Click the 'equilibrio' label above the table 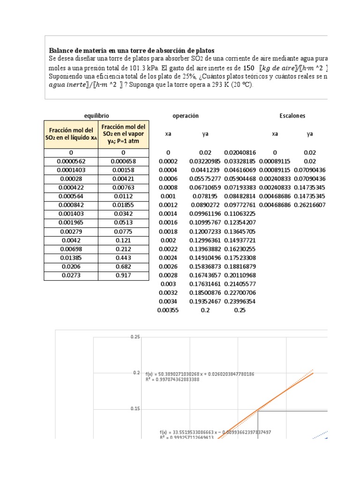point(97,115)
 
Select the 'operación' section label point(186,115)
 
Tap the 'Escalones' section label point(292,115)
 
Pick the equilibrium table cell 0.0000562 point(71,161)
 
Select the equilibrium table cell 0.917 point(123,276)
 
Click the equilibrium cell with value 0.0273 point(71,276)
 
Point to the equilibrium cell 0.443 point(123,258)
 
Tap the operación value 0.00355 point(168,310)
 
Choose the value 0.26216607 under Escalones point(309,205)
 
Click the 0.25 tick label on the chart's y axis point(135,337)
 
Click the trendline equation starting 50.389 point(200,374)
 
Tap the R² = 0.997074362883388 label point(179,380)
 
